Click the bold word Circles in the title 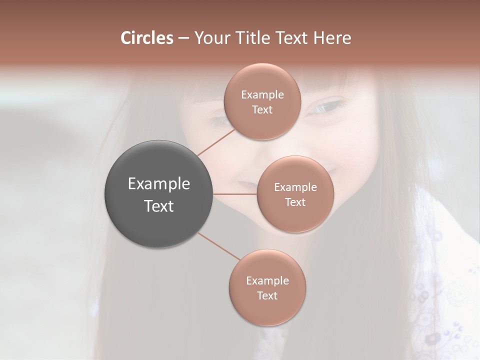click(x=146, y=38)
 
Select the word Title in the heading click(x=248, y=38)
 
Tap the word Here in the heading click(x=332, y=38)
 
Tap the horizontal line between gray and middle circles click(x=235, y=194)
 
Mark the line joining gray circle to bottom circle click(x=219, y=247)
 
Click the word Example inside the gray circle click(x=159, y=184)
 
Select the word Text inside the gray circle click(x=159, y=206)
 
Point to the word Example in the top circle click(x=262, y=95)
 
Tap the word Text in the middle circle click(x=295, y=202)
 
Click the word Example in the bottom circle click(x=267, y=280)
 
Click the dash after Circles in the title click(x=183, y=38)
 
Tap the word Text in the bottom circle click(x=267, y=295)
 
